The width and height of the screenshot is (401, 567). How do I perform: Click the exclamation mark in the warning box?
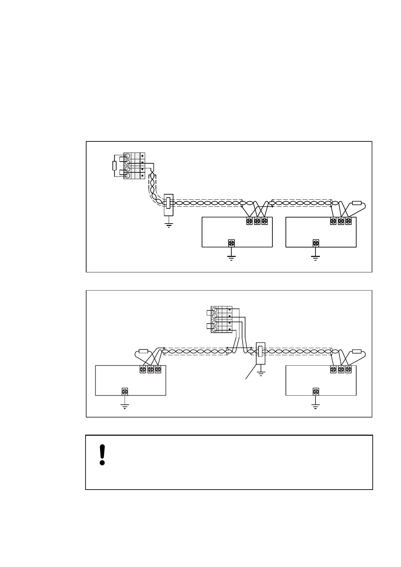point(102,455)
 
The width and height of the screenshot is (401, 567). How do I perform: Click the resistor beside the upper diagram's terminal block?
point(114,166)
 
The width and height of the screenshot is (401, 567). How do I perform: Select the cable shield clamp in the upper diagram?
point(168,204)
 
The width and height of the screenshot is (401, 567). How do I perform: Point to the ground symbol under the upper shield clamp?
point(169,225)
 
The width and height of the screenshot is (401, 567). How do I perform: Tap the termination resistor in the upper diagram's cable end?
point(357,203)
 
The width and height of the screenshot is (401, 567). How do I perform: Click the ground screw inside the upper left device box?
point(231,243)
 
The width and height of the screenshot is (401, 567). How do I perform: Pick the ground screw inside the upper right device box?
point(316,243)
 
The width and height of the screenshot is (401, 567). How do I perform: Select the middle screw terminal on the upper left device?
point(257,221)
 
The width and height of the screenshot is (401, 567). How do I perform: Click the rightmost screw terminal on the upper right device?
point(348,221)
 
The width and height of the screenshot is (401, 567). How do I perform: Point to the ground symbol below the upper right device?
point(315,258)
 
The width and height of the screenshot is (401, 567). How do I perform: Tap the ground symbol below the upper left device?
point(231,258)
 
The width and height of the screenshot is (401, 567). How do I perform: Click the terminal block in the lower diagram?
point(221,320)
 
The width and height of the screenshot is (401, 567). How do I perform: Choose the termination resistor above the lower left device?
point(143,351)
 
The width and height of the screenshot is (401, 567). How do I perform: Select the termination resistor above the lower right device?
point(357,352)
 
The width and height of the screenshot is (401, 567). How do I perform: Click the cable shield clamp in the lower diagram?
point(260,353)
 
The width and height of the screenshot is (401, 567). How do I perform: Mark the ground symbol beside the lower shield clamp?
point(261,373)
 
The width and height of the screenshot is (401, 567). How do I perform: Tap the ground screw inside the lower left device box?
point(125,392)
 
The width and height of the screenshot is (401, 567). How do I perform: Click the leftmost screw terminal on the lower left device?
point(143,369)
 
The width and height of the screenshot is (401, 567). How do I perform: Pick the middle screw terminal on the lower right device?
point(341,369)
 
